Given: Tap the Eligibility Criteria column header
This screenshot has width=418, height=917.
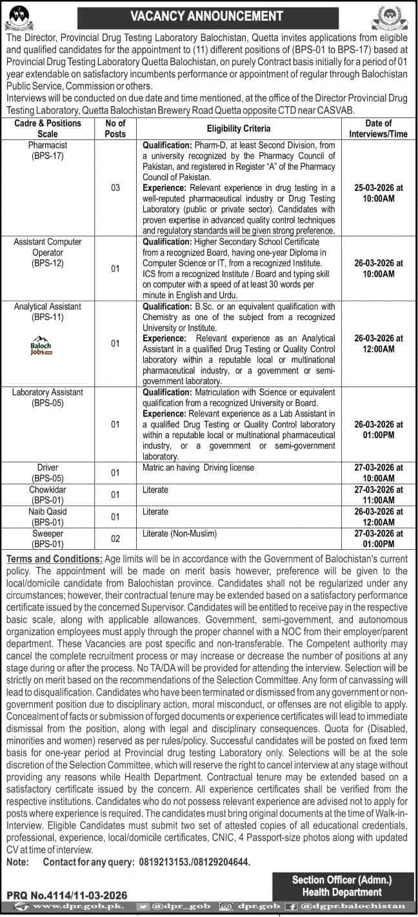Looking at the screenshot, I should tap(239, 128).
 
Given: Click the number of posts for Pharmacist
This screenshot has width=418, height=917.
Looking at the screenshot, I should tap(115, 187).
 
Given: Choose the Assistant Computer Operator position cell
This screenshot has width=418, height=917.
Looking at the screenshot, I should tap(48, 252).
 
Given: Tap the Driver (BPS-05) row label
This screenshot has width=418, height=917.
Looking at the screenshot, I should tap(48, 472).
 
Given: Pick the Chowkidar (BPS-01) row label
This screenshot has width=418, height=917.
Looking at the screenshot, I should tap(48, 494).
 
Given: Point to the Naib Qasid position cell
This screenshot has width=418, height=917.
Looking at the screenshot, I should tap(48, 516).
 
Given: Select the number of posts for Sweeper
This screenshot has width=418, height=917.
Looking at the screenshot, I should tap(115, 538).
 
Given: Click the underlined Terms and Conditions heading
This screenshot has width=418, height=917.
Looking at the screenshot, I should tap(53, 558).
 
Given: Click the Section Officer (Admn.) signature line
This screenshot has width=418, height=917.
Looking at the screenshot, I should tap(337, 880).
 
